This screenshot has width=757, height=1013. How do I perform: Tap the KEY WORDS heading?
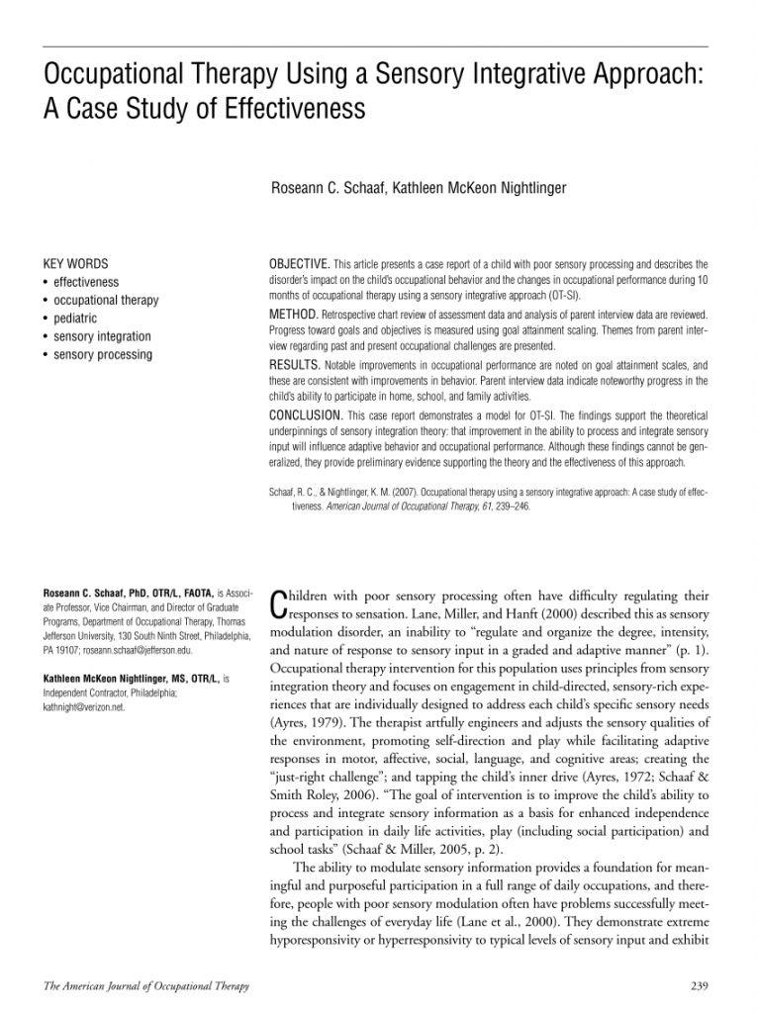click(x=76, y=264)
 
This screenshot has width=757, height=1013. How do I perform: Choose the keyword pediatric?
click(x=75, y=319)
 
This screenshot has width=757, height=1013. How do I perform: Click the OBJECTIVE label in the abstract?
click(x=300, y=264)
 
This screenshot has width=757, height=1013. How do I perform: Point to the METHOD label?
click(x=292, y=313)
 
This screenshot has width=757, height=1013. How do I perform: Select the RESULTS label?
click(x=294, y=365)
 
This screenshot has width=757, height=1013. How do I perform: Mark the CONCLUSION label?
click(x=305, y=414)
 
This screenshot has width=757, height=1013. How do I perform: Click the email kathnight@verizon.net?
click(x=84, y=707)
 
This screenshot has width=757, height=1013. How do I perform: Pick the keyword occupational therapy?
click(x=106, y=301)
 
